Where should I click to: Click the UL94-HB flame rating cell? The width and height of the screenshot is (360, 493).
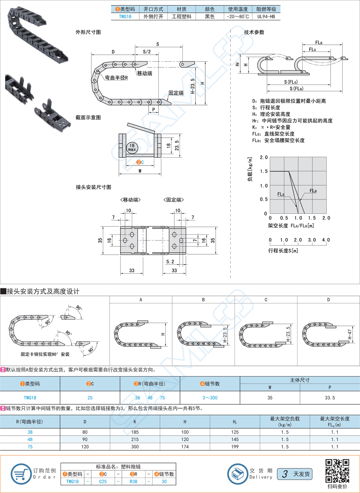coord(266,17)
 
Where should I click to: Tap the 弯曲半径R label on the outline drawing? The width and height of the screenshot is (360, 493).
coord(116,78)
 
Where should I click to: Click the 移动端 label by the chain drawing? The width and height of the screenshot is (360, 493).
coord(145,73)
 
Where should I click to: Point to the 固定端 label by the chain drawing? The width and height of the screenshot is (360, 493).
coord(176,93)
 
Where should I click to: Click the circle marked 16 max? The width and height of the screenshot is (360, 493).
coord(132,148)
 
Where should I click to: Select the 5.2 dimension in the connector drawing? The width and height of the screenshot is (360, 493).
coord(170,261)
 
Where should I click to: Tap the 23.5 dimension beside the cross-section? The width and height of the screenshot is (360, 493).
coord(176,145)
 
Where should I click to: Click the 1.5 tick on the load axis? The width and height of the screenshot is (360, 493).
coord(264,171)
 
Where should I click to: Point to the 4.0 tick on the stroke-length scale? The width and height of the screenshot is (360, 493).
coord(326,240)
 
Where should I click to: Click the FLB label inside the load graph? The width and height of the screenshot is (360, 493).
coord(313,191)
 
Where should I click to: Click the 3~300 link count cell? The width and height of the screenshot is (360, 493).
coord(210,397)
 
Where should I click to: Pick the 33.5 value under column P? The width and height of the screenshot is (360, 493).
coord(330,397)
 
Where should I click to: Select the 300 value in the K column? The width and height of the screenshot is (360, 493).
coord(135,447)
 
